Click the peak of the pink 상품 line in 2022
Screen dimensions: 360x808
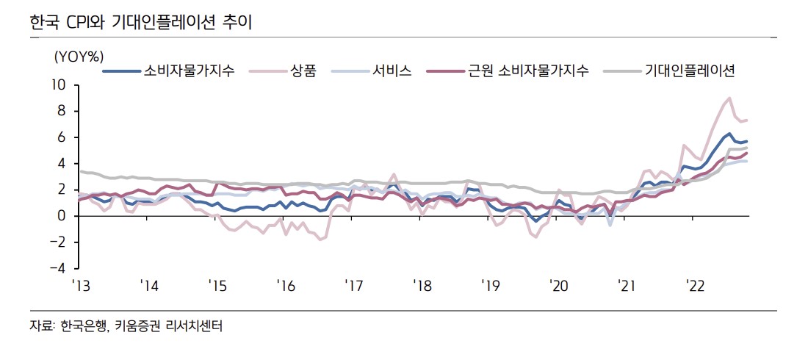(729, 98)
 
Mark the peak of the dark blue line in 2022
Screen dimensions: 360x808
(729, 134)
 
